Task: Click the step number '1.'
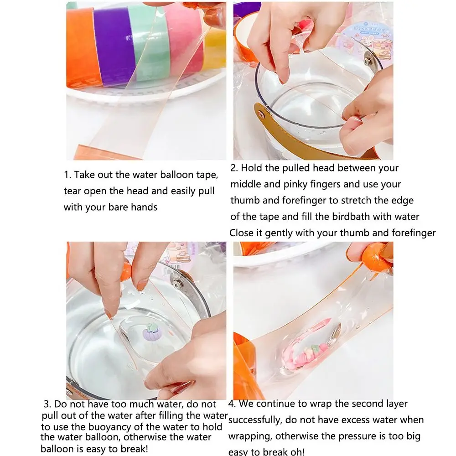click(x=67, y=175)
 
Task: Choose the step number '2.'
click(x=234, y=168)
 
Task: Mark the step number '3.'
click(x=47, y=404)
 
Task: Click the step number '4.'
click(x=232, y=404)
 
